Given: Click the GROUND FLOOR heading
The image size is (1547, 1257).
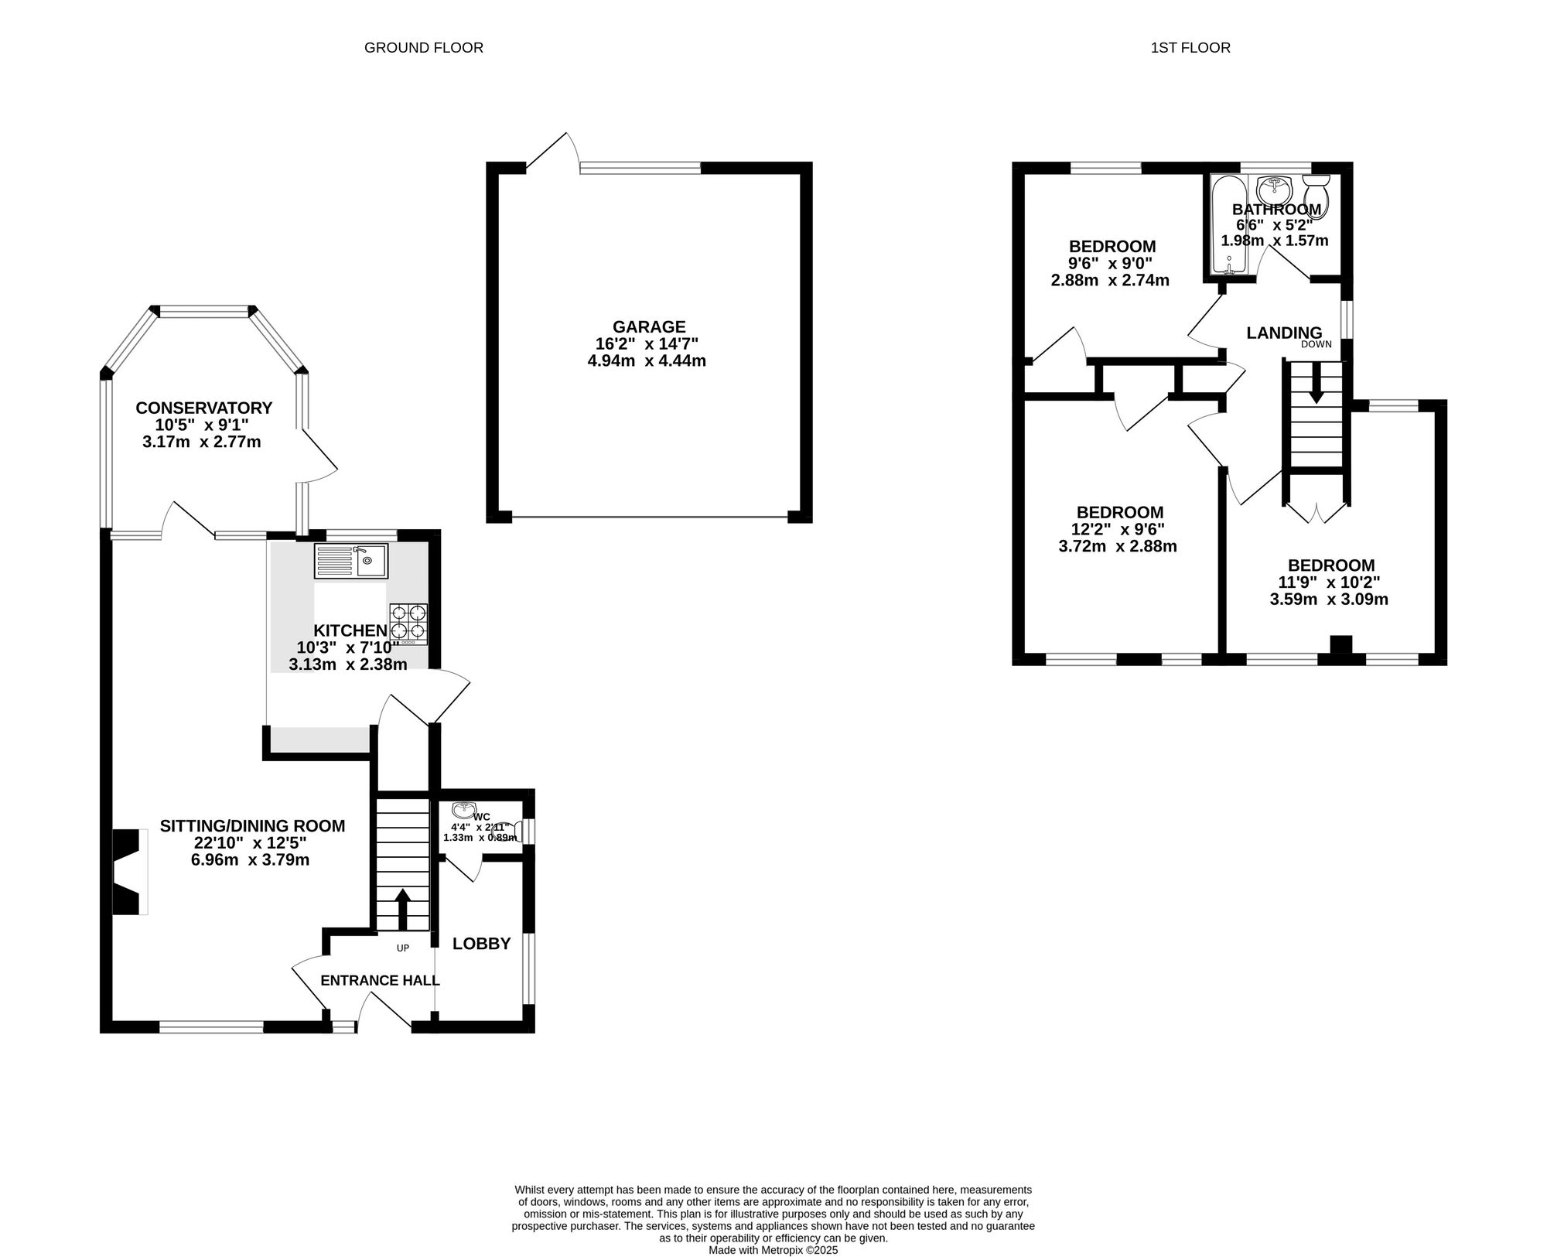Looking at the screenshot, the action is coord(424,48).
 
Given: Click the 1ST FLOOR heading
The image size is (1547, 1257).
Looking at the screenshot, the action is coord(1190,48).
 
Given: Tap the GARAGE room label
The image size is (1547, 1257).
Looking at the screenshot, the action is coord(649,327).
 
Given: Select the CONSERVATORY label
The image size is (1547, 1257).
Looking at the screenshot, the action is coord(204,408).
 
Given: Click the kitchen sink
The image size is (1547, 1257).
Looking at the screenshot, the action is coord(351,561).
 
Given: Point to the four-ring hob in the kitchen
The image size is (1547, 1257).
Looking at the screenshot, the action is coord(408,624).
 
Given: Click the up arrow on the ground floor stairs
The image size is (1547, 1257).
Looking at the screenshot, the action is coord(403,909).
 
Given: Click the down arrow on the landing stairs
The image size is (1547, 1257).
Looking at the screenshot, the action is coord(1316,384).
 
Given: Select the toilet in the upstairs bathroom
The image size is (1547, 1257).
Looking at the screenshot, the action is coord(1316,195).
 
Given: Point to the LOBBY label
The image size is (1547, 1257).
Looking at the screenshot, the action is coord(482,944).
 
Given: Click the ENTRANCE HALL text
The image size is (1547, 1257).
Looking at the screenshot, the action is coord(380,981).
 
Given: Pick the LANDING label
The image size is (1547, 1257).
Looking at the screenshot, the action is coord(1284,333).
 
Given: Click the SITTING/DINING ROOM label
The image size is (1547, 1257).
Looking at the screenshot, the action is coord(252,826).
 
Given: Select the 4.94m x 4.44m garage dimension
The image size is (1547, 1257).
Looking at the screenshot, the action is coord(647,360).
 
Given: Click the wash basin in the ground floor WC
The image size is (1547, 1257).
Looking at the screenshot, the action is coord(464,810).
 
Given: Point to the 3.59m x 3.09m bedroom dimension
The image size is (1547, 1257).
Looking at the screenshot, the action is coord(1329,599).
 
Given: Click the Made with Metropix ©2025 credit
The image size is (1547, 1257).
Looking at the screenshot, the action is coord(773,1250).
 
